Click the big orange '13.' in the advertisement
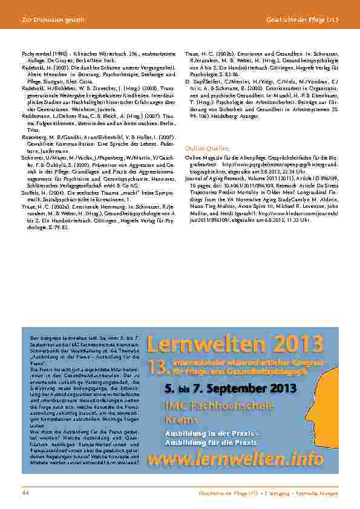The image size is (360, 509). [158, 365]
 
